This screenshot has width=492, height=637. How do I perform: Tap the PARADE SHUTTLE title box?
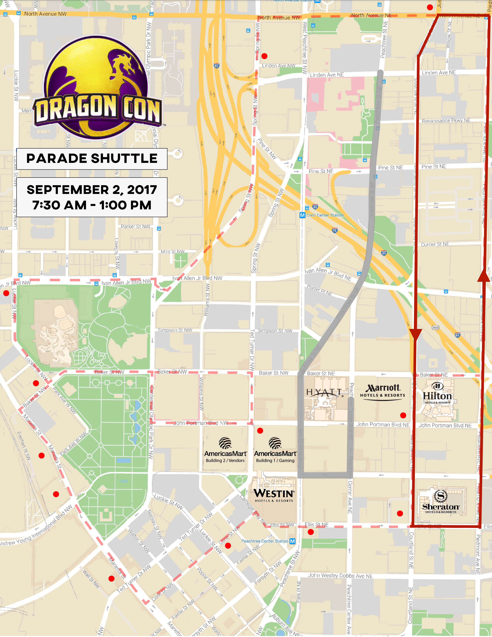click(x=92, y=159)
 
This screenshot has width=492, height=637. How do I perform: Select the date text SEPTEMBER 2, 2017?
click(x=92, y=189)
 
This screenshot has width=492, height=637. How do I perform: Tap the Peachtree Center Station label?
click(x=265, y=541)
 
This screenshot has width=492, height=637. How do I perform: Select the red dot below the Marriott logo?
click(x=403, y=415)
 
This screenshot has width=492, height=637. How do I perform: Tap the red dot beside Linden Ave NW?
click(x=264, y=56)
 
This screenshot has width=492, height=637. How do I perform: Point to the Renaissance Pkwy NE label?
click(x=446, y=120)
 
